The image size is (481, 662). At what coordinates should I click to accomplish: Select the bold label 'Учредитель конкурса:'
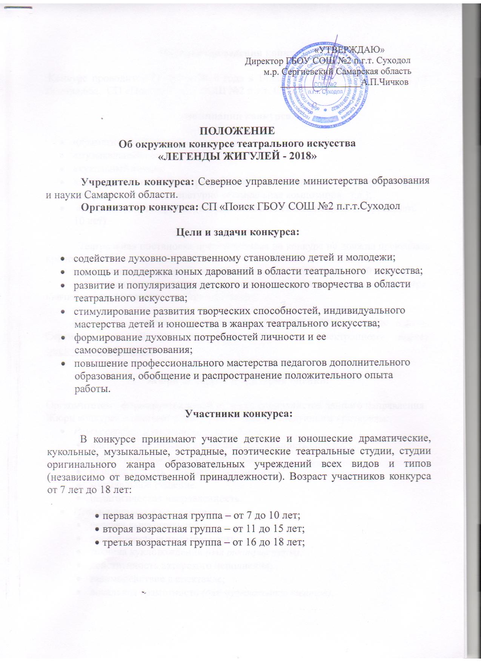point(138,182)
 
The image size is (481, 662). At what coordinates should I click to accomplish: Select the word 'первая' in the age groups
point(117,516)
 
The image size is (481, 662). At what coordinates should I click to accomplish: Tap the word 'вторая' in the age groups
point(117,529)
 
